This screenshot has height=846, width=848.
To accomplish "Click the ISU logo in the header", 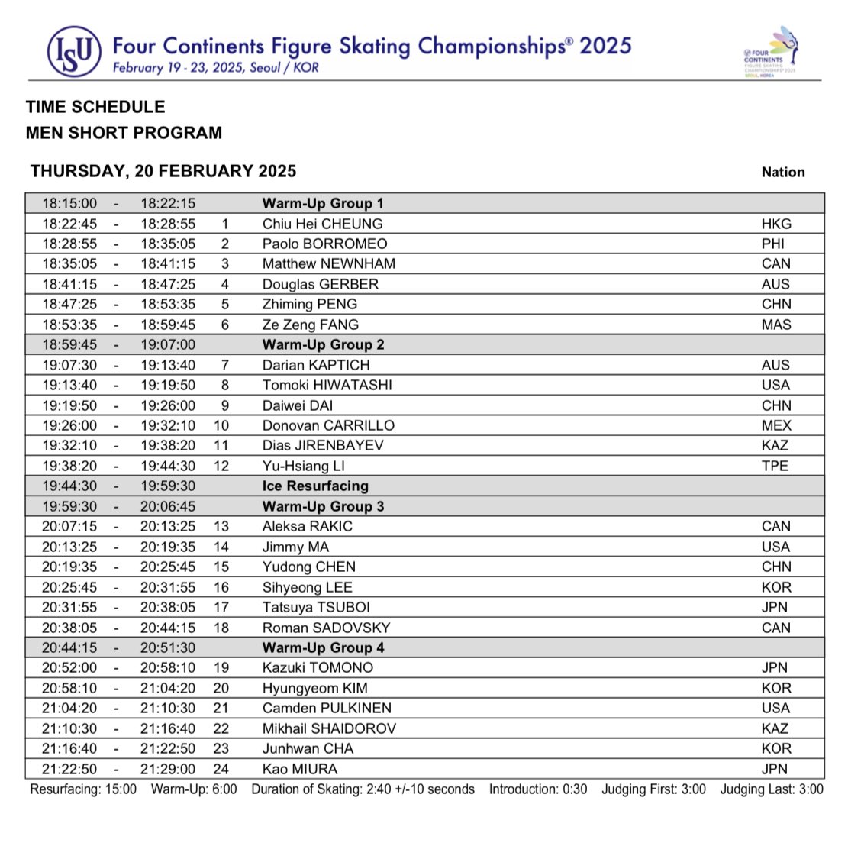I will [x=73, y=51].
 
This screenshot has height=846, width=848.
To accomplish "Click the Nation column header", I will [x=783, y=172].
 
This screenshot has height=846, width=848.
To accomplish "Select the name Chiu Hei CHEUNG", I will [x=322, y=224].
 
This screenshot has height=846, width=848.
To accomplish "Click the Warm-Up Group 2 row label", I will [x=323, y=344].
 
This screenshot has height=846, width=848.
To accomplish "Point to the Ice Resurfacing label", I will [x=315, y=486].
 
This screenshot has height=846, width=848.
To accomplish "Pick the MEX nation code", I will [x=776, y=425].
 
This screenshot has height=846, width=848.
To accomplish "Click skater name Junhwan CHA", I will [x=308, y=748].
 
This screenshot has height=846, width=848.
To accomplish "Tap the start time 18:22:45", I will [x=69, y=224].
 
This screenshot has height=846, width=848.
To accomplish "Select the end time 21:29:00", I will [x=167, y=769].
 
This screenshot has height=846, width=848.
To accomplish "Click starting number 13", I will [x=221, y=526].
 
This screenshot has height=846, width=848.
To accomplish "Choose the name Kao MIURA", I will [x=299, y=769].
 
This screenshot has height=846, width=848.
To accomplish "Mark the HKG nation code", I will [x=776, y=224].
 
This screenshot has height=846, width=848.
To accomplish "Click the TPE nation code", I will [x=775, y=466].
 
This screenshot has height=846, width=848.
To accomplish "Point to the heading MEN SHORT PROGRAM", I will [x=124, y=133].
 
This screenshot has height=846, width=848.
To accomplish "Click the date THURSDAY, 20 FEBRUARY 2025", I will [x=163, y=171].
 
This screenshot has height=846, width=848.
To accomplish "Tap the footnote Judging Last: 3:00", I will [x=772, y=789].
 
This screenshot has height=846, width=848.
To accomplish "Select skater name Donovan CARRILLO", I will [x=328, y=425].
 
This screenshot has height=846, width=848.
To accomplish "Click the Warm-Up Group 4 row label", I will [x=323, y=647].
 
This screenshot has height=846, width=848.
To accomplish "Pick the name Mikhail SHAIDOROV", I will [x=329, y=728].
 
